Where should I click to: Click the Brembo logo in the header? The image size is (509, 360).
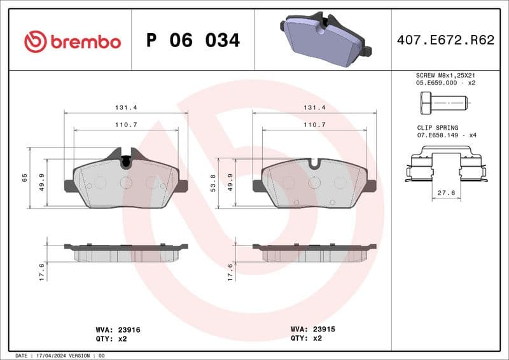pyautogui.click(x=72, y=41)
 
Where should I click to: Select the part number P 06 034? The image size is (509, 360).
pyautogui.click(x=193, y=41)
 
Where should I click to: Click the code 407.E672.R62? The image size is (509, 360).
pyautogui.click(x=445, y=41)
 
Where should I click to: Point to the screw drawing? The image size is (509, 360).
pyautogui.click(x=443, y=102)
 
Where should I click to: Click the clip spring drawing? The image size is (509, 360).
pyautogui.click(x=445, y=164)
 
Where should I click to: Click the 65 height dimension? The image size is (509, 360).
pyautogui.click(x=24, y=177)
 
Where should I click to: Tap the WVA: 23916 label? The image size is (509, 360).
pyautogui.click(x=118, y=329)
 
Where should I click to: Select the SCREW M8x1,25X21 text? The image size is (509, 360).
pyautogui.click(x=445, y=75)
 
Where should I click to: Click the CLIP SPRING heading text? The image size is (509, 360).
pyautogui.click(x=437, y=128)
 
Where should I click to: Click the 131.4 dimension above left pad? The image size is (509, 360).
pyautogui.click(x=126, y=108)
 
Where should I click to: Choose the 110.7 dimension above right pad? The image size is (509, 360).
pyautogui.click(x=314, y=125)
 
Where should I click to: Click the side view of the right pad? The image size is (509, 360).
pyautogui.click(x=314, y=252)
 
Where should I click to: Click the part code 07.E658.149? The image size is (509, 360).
pyautogui.click(x=438, y=135)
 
